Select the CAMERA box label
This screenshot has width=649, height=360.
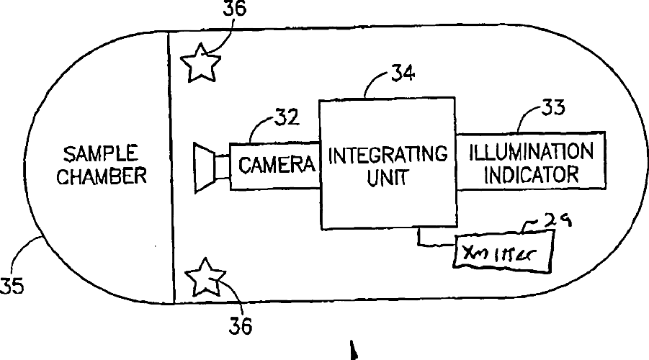point(277,165)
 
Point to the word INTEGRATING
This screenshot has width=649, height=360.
point(388,155)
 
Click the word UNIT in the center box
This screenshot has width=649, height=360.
point(388,177)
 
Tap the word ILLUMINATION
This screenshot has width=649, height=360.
point(532,152)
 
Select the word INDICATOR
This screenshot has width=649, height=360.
point(532,174)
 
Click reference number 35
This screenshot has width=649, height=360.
point(12,286)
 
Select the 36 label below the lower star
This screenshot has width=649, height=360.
point(241,326)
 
